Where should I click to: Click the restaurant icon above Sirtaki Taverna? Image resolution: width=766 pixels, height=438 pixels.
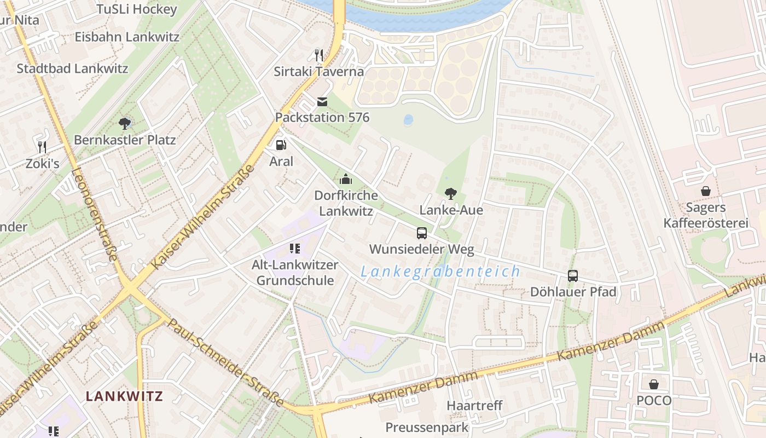319,55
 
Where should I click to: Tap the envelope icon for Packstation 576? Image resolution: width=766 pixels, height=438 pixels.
322,101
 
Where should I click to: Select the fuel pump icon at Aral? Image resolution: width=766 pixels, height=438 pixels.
281,145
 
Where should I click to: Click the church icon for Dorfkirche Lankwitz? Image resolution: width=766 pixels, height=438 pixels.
345,179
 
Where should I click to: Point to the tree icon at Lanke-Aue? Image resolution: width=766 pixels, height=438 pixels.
450,193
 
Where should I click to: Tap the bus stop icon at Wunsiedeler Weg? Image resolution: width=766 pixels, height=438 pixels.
421,233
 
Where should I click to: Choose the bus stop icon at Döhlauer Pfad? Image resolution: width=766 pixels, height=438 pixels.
572,275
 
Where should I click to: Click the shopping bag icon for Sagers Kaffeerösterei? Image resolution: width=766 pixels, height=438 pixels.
705,191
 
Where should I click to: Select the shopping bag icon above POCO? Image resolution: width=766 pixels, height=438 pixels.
653,384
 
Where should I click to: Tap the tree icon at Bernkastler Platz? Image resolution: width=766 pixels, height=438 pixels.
124,123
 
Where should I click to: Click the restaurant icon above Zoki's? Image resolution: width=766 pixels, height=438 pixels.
42,147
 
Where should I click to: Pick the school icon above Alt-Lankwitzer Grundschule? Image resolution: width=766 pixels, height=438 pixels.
295,249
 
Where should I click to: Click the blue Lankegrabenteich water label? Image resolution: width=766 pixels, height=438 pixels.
440,271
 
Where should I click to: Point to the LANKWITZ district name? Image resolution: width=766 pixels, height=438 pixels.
124,396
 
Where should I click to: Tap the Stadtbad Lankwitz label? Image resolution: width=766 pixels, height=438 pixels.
72,68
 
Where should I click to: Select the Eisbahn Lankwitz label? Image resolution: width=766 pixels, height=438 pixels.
127,37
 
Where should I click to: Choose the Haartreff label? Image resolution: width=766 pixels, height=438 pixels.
474,406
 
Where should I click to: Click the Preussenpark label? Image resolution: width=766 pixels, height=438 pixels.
427,427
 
